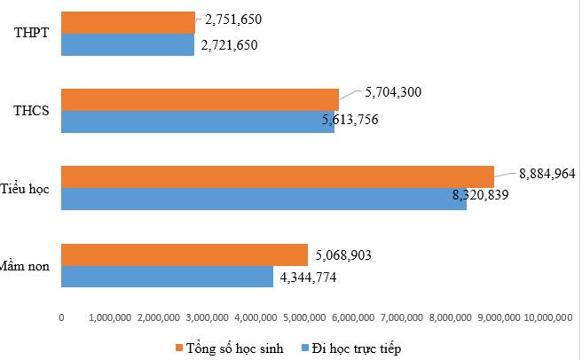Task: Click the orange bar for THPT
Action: tap(128, 22)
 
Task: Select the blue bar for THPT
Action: tap(128, 44)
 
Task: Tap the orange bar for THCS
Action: tap(200, 99)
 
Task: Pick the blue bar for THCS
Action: tap(197, 121)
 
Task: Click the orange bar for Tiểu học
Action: tap(277, 176)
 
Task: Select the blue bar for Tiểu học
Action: tap(263, 199)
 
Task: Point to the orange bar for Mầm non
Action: tap(184, 254)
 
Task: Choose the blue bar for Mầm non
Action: tap(167, 277)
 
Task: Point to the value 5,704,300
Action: tap(394, 90)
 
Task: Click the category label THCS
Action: tap(31, 111)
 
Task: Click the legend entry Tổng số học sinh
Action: tap(235, 348)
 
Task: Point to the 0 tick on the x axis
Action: tap(61, 317)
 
